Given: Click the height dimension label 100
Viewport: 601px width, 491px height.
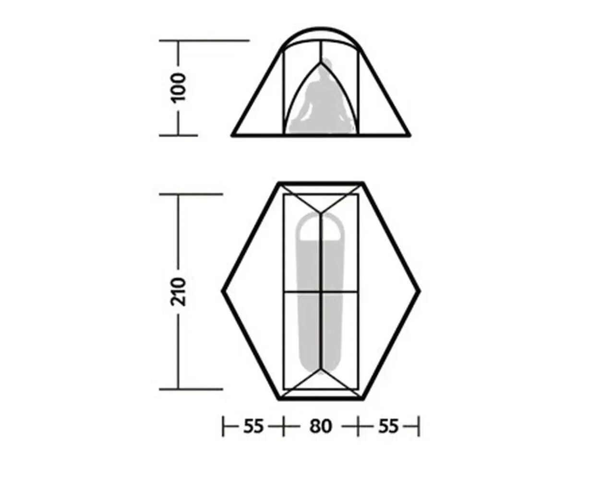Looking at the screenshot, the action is point(178,87).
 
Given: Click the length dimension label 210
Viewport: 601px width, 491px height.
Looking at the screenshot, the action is point(178,292).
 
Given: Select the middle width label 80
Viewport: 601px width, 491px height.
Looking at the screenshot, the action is point(321,426).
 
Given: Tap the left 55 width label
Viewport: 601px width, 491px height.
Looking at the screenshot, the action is point(253,426).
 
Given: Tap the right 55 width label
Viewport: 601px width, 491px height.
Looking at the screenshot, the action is point(388,426).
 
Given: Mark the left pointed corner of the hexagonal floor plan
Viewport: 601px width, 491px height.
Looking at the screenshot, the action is point(223,291).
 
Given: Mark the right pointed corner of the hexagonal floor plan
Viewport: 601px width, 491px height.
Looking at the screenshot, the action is point(420,291).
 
